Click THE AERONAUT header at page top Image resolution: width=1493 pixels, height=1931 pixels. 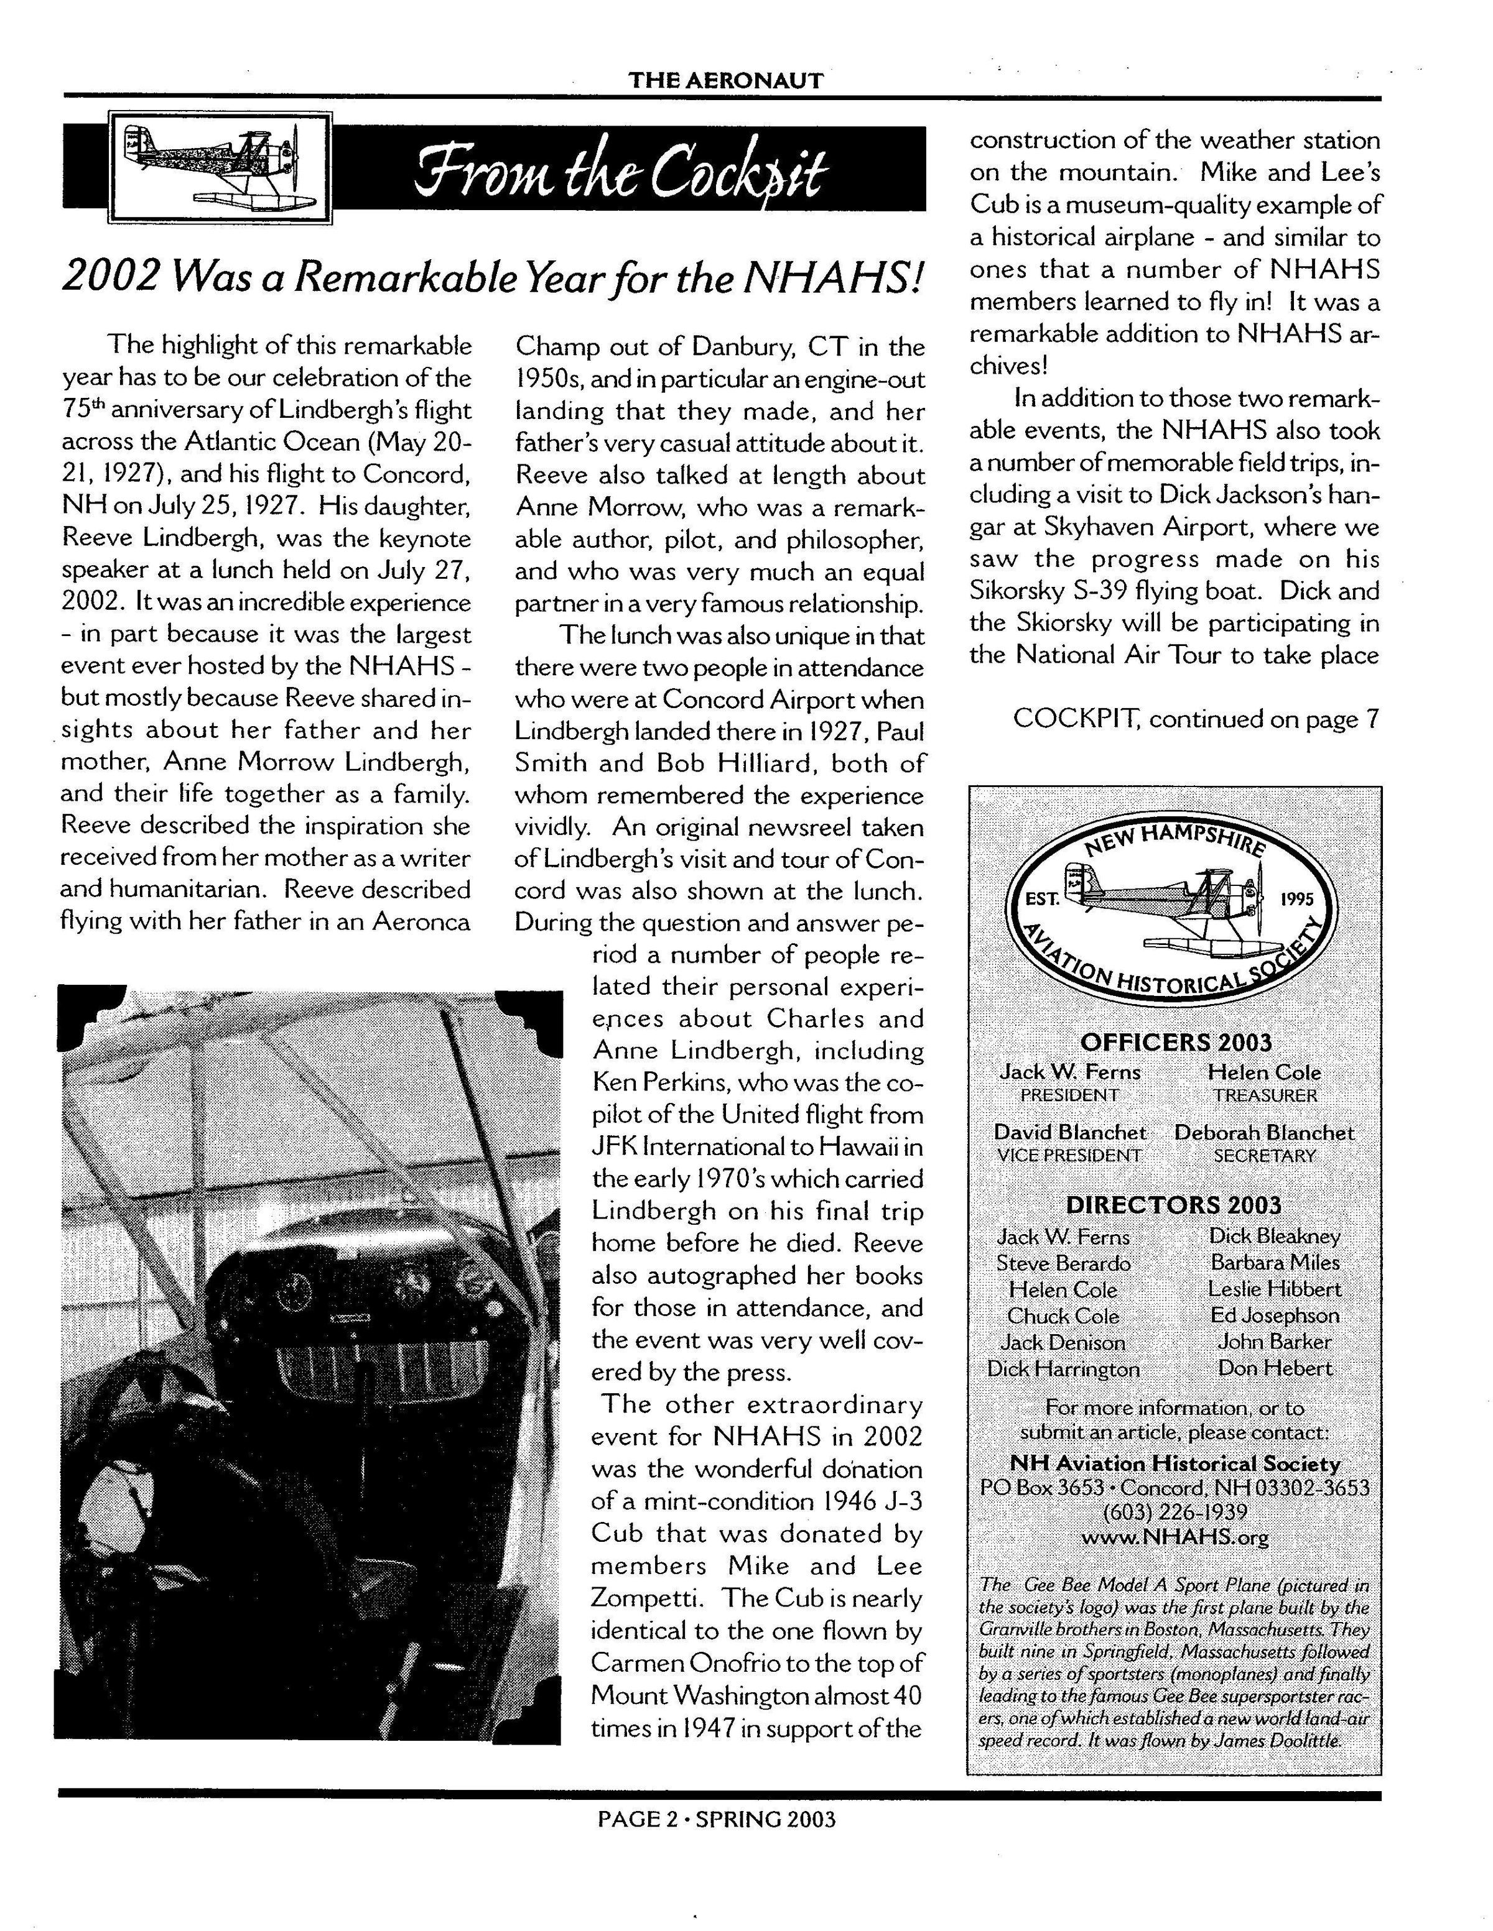click(725, 80)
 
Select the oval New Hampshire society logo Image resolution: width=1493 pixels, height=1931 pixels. click(1174, 903)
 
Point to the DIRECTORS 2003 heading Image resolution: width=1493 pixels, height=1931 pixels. click(1174, 1205)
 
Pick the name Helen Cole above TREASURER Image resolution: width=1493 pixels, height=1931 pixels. click(1264, 1072)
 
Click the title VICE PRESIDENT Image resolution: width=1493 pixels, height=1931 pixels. click(1069, 1154)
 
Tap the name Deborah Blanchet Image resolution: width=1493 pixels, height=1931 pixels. click(1264, 1133)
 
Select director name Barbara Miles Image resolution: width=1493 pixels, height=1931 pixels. click(1275, 1263)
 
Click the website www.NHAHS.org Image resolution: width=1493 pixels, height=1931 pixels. click(1174, 1537)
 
